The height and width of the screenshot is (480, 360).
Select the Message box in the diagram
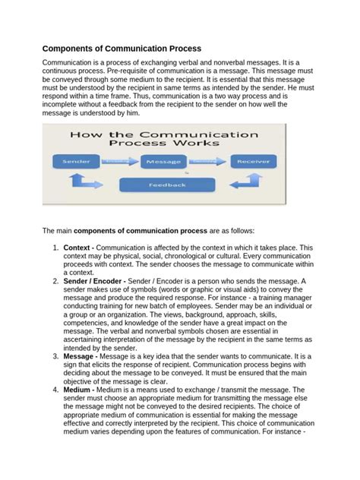163,161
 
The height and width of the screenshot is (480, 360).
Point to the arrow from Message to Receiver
208,161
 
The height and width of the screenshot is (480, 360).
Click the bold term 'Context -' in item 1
78,248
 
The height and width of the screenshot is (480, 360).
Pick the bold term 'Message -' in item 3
81,355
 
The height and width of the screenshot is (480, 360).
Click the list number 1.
55,248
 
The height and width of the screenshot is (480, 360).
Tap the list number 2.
55,281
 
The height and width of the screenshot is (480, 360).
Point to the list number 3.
55,355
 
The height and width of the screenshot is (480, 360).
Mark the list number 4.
55,390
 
